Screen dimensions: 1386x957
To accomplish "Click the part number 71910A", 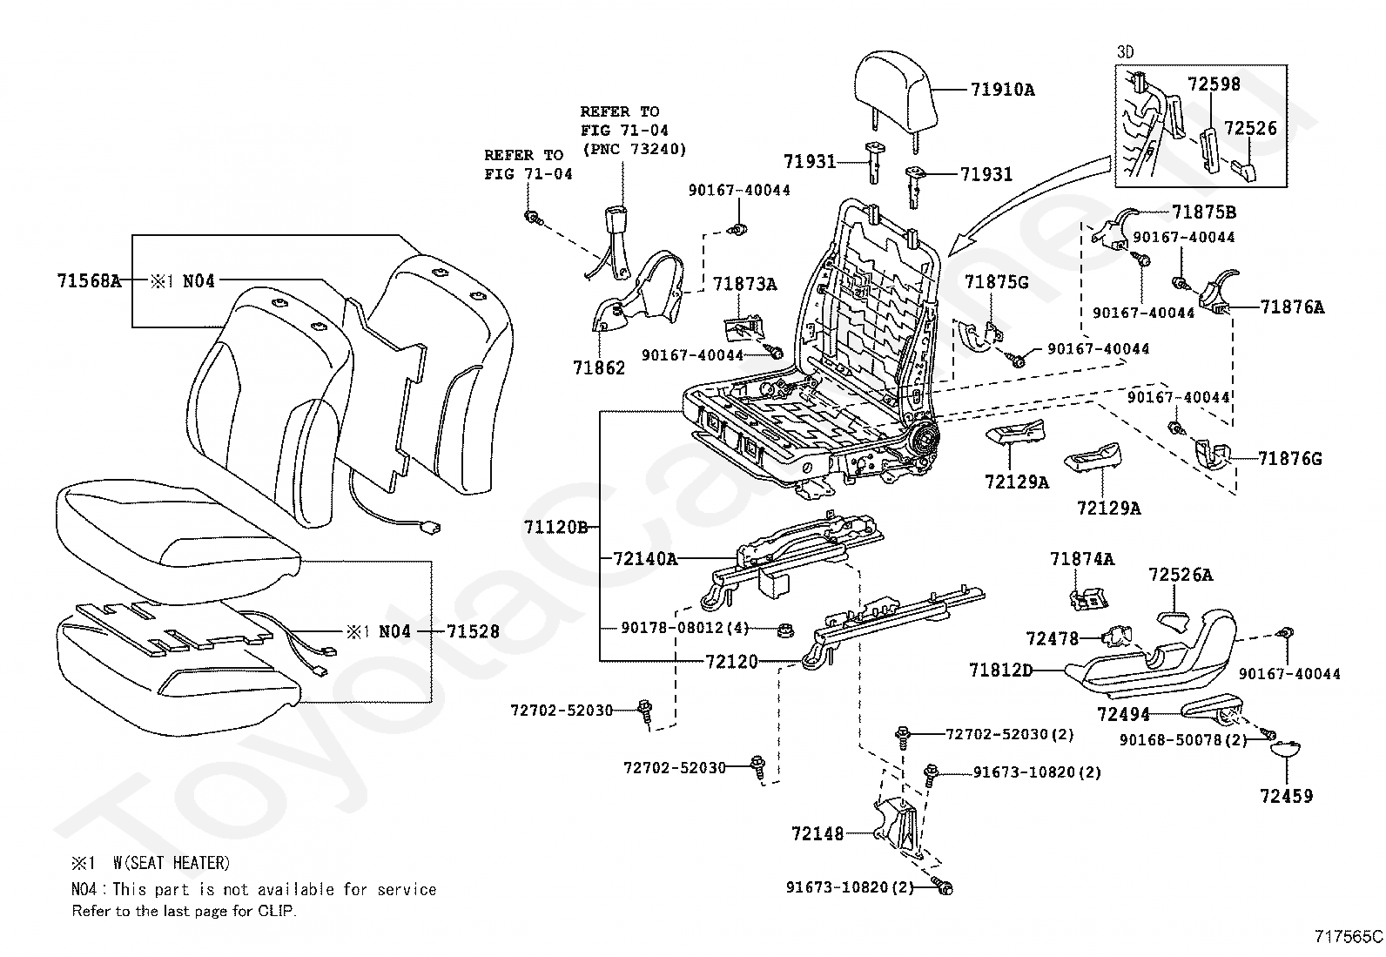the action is pos(1002,91).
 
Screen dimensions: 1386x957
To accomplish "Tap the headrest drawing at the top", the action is pos(891,94).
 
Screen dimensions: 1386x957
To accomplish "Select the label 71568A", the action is pos(89,281).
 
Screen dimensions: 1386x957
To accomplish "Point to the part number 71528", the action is pos(473,631).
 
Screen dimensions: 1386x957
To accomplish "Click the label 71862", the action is pos(599,367).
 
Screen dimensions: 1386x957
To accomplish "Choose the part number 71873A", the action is pos(745,284).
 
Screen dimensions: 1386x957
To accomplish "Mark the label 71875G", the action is pos(996,282).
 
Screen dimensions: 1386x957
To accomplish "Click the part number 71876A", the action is pos(1293,307).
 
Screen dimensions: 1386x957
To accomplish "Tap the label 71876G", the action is pos(1290,459).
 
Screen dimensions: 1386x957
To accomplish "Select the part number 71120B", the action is pos(556,528).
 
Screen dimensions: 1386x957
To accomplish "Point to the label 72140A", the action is pos(645,559).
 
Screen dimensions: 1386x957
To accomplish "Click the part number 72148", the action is pos(817,834).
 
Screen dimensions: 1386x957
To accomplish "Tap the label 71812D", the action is pos(1000,670).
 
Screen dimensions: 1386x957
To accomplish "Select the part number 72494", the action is pos(1123,714).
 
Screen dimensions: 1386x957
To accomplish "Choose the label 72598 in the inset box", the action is pos(1214,84).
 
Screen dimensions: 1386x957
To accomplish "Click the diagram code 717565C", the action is pos(1349,937).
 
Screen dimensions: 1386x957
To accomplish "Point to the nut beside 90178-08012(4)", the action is pos(785,630).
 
